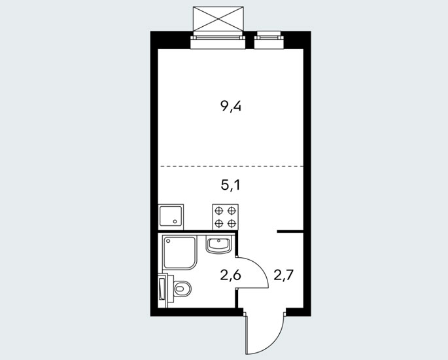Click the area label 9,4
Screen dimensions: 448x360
click(x=231, y=107)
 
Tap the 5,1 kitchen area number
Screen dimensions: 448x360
click(x=230, y=185)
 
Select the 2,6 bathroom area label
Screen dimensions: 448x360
click(x=231, y=276)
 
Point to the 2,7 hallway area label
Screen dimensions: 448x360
click(x=284, y=276)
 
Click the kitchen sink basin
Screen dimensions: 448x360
click(x=171, y=217)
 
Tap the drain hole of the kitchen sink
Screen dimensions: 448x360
click(x=175, y=221)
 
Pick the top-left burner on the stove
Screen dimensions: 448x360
click(x=219, y=211)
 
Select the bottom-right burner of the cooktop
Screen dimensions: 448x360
click(x=231, y=223)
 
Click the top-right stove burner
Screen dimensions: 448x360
click(x=231, y=211)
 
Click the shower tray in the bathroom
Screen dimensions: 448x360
click(x=179, y=252)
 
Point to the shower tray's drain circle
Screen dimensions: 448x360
click(x=168, y=241)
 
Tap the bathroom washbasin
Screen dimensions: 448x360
click(x=218, y=245)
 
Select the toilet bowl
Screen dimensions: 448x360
click(x=182, y=289)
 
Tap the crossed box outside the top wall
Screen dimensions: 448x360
click(x=218, y=18)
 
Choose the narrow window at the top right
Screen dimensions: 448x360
click(x=269, y=40)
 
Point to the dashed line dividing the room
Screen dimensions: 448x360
click(x=231, y=166)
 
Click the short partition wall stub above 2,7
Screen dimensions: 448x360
click(x=290, y=231)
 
